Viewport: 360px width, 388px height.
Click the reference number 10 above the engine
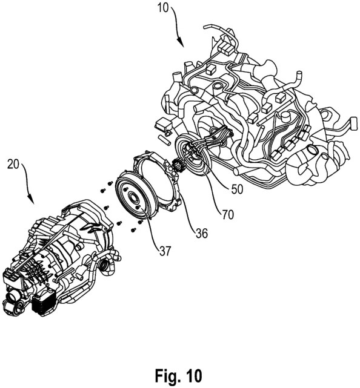[x=162, y=8]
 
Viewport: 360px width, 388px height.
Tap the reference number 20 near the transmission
[x=13, y=164]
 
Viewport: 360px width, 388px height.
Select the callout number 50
[x=237, y=189]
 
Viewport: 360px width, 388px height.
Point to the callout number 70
[x=228, y=215]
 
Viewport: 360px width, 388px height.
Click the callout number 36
[x=201, y=233]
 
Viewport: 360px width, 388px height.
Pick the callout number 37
[x=165, y=251]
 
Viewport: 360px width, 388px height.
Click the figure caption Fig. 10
[x=178, y=375]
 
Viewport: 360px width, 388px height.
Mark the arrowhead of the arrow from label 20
[x=32, y=199]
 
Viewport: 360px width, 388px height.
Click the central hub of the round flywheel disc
[x=134, y=197]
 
